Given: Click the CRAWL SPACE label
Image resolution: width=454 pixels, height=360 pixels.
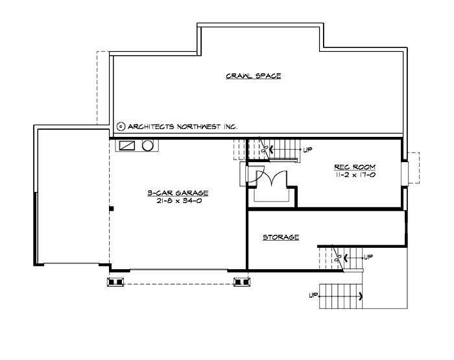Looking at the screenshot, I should (253, 76).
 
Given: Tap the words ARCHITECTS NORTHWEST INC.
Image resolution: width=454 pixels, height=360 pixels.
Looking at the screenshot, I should (183, 127).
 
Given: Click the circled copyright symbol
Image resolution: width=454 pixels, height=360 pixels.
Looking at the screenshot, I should (121, 127).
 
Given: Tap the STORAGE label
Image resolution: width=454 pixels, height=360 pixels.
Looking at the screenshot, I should (281, 237).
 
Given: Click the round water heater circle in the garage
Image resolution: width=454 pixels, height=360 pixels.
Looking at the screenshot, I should (147, 145).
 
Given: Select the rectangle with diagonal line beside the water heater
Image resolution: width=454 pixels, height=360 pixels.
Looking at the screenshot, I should (127, 145).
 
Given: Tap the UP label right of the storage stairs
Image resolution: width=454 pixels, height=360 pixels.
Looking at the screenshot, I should (368, 257).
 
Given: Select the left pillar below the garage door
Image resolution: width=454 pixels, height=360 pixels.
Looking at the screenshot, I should (115, 282).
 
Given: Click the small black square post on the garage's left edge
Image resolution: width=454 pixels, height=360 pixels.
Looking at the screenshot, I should (112, 209).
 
